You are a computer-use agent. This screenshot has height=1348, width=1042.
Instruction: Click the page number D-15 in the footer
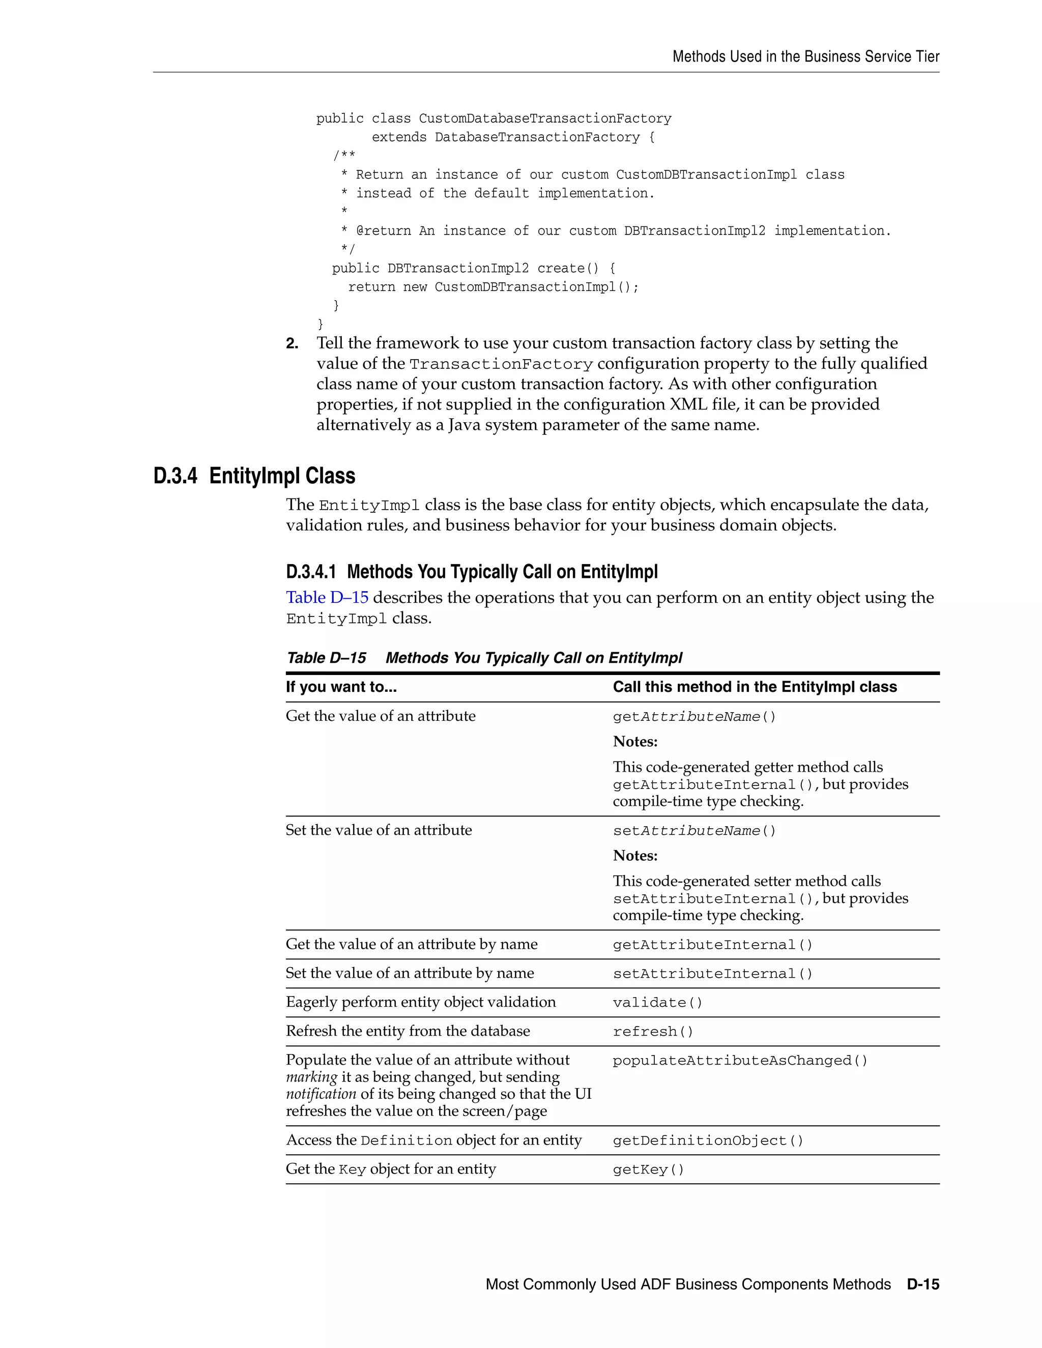(x=923, y=1284)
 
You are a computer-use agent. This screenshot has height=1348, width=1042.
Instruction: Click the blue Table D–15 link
(x=327, y=598)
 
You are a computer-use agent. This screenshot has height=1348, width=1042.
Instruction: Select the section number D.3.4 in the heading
(x=176, y=476)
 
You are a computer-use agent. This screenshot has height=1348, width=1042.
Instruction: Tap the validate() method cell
(x=657, y=1003)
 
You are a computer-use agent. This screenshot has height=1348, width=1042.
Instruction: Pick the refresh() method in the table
(x=653, y=1032)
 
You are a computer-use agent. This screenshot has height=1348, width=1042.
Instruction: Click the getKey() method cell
(x=648, y=1169)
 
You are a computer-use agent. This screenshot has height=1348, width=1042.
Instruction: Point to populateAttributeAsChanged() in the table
(x=740, y=1061)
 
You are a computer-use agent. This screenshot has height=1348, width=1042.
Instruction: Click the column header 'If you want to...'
(x=341, y=687)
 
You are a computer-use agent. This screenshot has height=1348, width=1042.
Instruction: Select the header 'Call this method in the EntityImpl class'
(x=755, y=687)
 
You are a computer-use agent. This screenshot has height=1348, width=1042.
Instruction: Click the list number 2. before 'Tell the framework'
(x=292, y=344)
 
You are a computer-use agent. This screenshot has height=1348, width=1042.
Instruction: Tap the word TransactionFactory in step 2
(x=501, y=364)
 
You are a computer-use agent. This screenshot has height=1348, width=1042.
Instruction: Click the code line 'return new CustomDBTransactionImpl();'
(x=493, y=287)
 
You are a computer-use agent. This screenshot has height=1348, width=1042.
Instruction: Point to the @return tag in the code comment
(x=383, y=231)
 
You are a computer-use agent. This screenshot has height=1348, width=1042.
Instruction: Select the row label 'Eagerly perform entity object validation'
(x=420, y=1002)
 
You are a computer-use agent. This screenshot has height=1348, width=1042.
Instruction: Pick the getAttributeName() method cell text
(x=694, y=717)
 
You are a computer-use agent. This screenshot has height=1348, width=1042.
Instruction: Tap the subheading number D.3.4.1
(x=310, y=572)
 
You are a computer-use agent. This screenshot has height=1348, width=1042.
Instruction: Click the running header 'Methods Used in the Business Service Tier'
(x=805, y=57)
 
